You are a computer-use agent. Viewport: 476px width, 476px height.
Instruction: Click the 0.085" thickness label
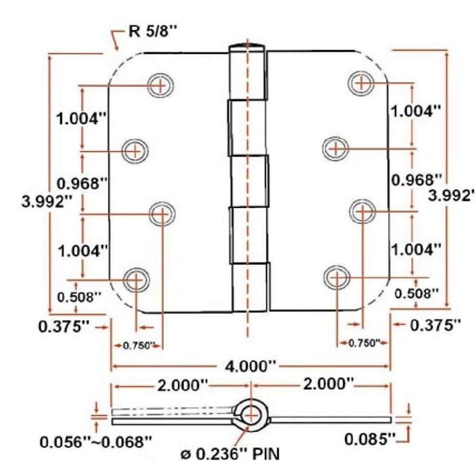pos(370,438)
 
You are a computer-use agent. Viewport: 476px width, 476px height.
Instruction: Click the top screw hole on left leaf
pos(161,85)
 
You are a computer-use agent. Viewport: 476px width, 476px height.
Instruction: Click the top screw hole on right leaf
pos(362,83)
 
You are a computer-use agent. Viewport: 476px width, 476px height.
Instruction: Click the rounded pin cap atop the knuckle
pos(247,48)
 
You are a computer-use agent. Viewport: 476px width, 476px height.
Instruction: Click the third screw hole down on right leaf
pos(363,210)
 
